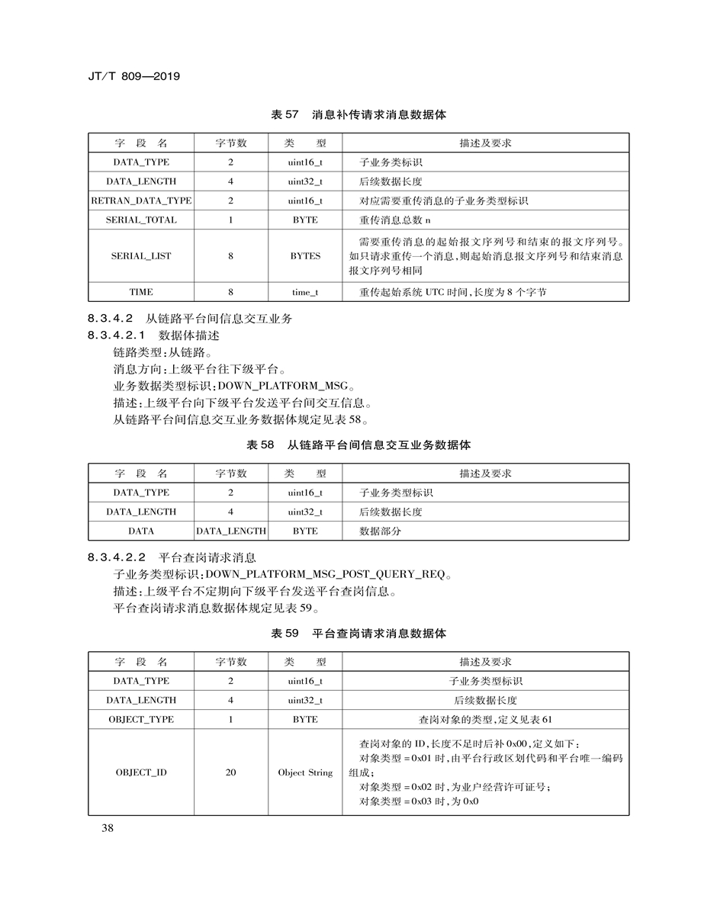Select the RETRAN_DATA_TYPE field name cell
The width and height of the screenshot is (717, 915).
point(141,201)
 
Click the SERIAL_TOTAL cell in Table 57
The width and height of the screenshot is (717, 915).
point(141,220)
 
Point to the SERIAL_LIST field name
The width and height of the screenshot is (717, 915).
point(141,256)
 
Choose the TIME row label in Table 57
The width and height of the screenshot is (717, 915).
point(141,292)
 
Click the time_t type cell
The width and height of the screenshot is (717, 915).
point(305,292)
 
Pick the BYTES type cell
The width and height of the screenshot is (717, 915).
point(305,256)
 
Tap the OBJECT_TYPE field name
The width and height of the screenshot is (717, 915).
point(141,719)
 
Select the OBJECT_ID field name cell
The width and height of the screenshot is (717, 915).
point(141,772)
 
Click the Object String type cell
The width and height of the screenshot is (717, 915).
point(305,772)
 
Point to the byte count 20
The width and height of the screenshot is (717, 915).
point(230,772)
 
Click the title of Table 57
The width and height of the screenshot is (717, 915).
point(358,115)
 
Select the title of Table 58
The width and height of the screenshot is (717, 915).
point(358,445)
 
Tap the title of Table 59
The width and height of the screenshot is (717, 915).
point(358,634)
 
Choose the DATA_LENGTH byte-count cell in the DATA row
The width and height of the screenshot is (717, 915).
point(231,531)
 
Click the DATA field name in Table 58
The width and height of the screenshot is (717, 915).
point(141,531)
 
